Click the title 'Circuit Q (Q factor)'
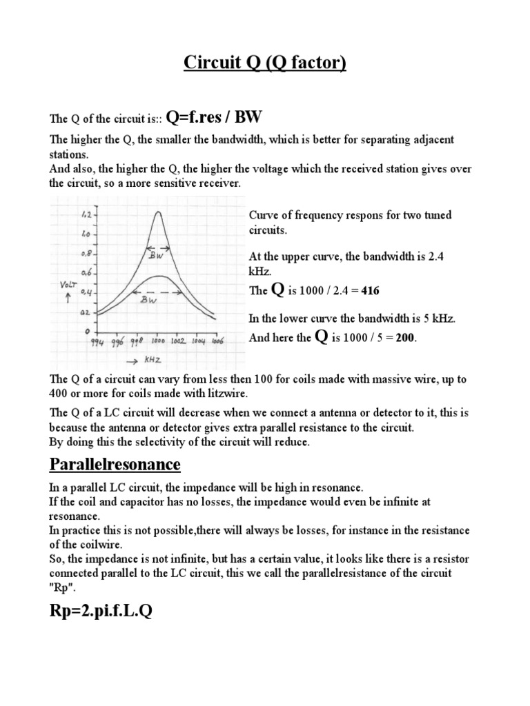[x=265, y=64]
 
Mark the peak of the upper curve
[x=158, y=213]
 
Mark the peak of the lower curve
[x=158, y=276]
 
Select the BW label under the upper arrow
[x=157, y=256]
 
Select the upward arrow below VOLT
[x=67, y=299]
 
